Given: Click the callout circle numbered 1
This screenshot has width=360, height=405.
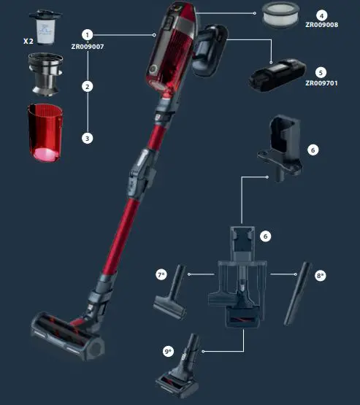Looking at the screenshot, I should pyautogui.click(x=88, y=34).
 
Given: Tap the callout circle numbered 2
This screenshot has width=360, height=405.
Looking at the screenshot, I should pyautogui.click(x=88, y=86).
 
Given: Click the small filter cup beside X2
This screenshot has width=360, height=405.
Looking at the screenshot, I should pyautogui.click(x=45, y=30).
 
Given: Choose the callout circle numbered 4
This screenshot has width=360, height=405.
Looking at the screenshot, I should pyautogui.click(x=322, y=15).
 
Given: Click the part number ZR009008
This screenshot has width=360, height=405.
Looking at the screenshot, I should pyautogui.click(x=322, y=25).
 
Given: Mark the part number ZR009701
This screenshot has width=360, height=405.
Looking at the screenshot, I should pyautogui.click(x=322, y=83).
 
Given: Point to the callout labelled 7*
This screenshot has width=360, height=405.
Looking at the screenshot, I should pyautogui.click(x=162, y=274).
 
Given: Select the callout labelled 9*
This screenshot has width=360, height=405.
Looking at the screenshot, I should pyautogui.click(x=168, y=352).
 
